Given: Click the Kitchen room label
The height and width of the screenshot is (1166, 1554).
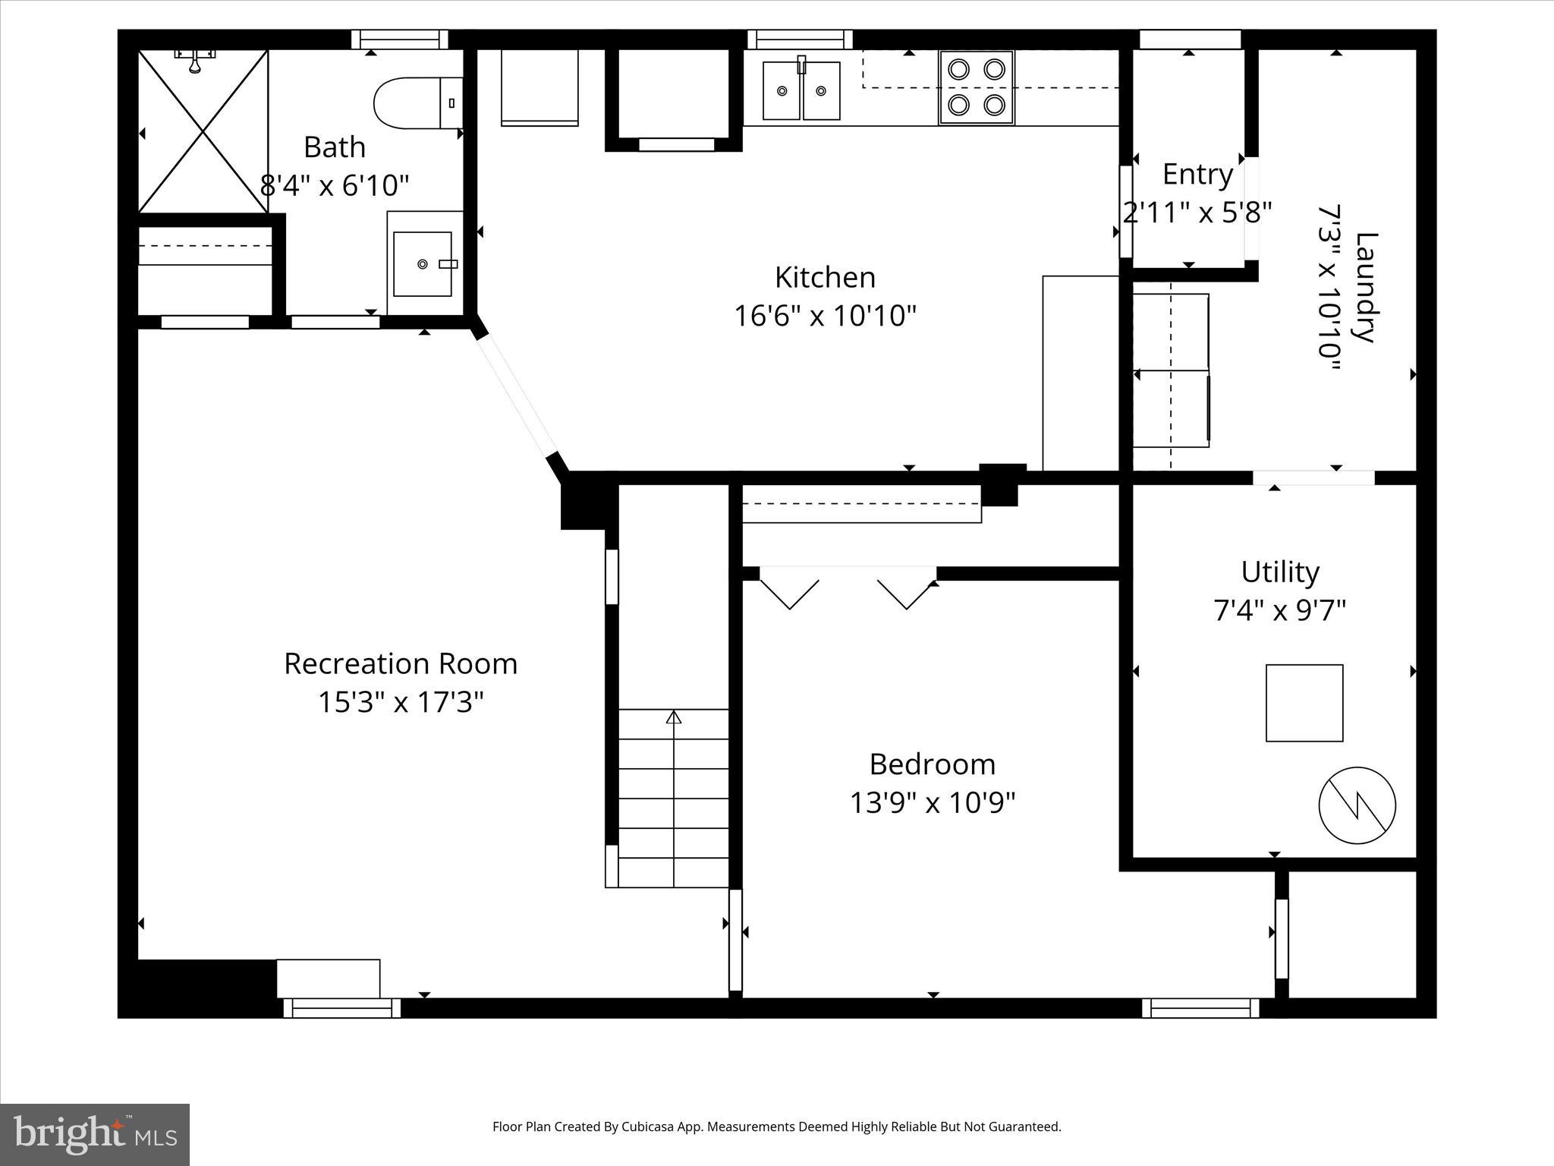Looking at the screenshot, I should (x=825, y=278).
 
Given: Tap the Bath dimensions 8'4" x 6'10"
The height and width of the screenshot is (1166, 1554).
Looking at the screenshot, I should (x=335, y=185).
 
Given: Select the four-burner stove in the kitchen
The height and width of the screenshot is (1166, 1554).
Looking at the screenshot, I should (x=976, y=87).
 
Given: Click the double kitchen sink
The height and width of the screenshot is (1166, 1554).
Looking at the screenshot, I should (x=801, y=90).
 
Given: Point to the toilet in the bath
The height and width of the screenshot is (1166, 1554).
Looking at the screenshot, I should (x=417, y=102).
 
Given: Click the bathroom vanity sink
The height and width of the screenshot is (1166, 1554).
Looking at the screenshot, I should (x=423, y=263).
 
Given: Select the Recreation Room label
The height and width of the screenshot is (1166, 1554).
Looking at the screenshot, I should (x=401, y=664).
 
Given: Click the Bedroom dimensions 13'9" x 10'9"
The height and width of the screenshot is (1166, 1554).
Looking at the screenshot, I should (x=932, y=802).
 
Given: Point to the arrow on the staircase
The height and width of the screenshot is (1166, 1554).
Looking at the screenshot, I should (x=674, y=717).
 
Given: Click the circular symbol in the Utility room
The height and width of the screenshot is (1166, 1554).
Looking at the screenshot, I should (x=1357, y=805).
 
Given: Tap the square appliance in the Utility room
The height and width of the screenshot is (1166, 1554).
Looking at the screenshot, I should (x=1304, y=703).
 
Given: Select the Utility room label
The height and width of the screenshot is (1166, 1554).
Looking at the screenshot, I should (x=1280, y=572).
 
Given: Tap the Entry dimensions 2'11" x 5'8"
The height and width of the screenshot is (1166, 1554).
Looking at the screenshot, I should (x=1197, y=213).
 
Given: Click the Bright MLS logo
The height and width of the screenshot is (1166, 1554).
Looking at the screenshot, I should (x=95, y=1134).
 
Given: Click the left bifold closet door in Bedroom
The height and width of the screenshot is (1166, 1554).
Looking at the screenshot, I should (x=789, y=593).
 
